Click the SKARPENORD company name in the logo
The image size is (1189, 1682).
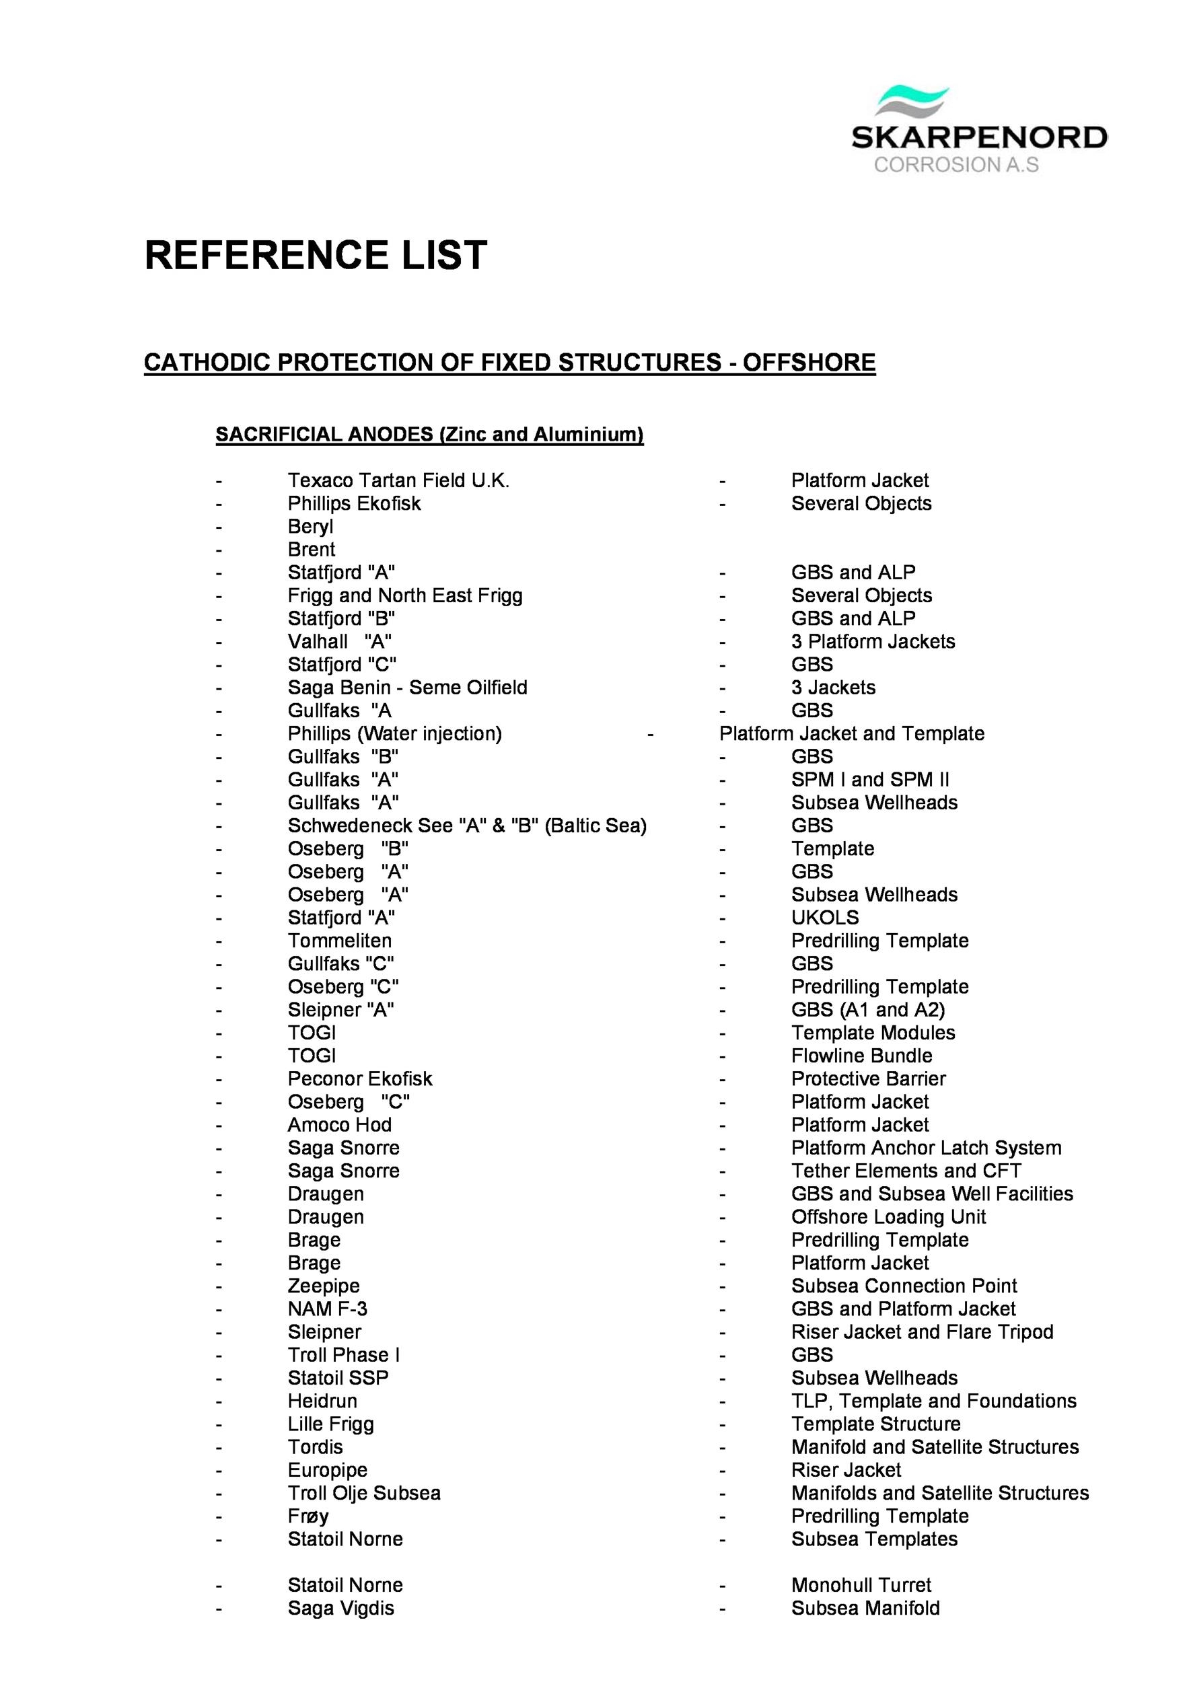click(x=979, y=137)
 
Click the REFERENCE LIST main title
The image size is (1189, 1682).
click(x=316, y=255)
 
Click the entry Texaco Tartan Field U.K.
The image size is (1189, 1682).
click(x=398, y=480)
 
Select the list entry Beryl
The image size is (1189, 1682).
click(x=310, y=527)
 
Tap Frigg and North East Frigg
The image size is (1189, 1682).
click(x=405, y=595)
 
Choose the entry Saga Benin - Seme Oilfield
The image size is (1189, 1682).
click(x=407, y=687)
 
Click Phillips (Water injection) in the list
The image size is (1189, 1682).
click(x=395, y=733)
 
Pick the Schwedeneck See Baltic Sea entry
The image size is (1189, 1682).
click(x=467, y=826)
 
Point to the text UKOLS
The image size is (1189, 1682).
click(x=825, y=917)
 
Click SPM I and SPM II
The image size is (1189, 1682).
click(x=870, y=780)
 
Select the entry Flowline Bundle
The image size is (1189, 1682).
click(x=861, y=1056)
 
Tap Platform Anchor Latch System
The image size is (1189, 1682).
click(x=926, y=1148)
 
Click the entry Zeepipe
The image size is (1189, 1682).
click(x=324, y=1286)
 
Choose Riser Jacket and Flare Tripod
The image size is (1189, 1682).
click(x=923, y=1332)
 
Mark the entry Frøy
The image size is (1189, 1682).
click(x=308, y=1516)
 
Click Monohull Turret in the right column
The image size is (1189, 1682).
click(x=861, y=1585)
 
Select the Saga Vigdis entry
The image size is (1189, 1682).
click(x=340, y=1608)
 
